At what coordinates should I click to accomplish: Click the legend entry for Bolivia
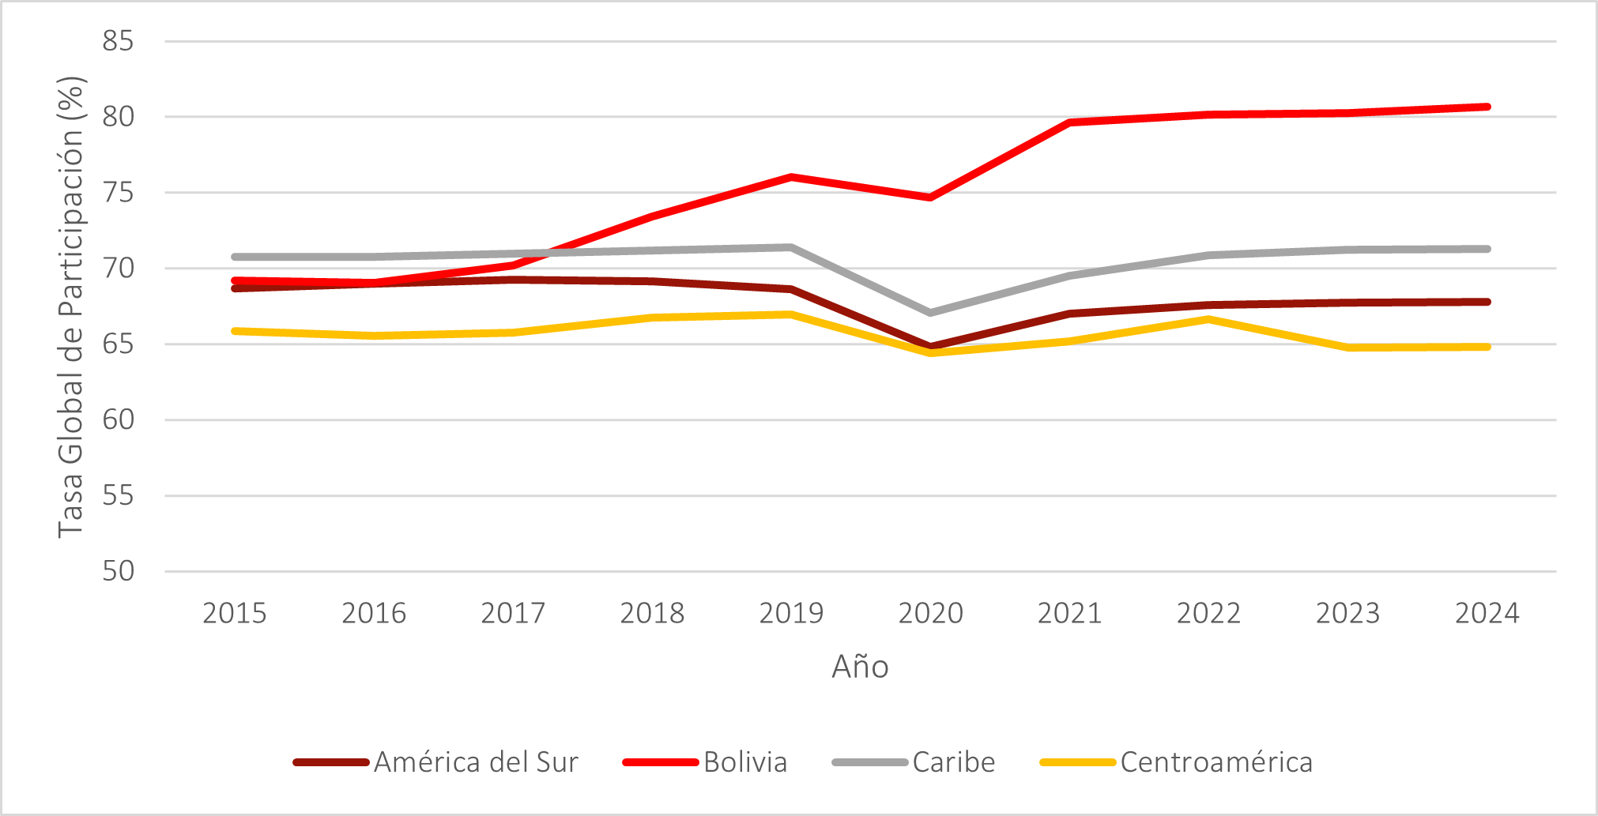(x=744, y=762)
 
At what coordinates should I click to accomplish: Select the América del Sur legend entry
(x=476, y=762)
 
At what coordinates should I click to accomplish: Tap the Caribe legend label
(x=953, y=762)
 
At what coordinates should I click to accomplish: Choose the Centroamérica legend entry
(x=1216, y=762)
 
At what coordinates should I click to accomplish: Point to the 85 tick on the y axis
(x=118, y=41)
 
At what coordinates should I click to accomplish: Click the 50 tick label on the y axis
(x=118, y=571)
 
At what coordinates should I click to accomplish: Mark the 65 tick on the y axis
(x=118, y=344)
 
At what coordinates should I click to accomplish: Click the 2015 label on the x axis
(x=235, y=613)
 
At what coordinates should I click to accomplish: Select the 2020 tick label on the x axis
(x=930, y=613)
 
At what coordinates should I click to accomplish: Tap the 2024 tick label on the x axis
(x=1487, y=613)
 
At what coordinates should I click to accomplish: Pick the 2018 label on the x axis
(x=652, y=613)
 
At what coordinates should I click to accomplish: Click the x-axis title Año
(x=860, y=667)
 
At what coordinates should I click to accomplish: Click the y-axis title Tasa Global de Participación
(x=71, y=306)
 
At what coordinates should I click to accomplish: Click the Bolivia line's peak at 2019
(x=791, y=177)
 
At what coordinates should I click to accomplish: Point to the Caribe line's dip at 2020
(x=930, y=313)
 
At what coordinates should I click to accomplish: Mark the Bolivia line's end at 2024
(x=1487, y=107)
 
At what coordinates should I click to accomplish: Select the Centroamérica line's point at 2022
(x=1208, y=319)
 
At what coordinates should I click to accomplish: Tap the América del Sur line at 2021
(x=1069, y=314)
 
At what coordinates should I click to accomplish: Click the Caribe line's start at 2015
(x=235, y=257)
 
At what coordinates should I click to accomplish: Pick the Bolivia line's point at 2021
(x=1069, y=122)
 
